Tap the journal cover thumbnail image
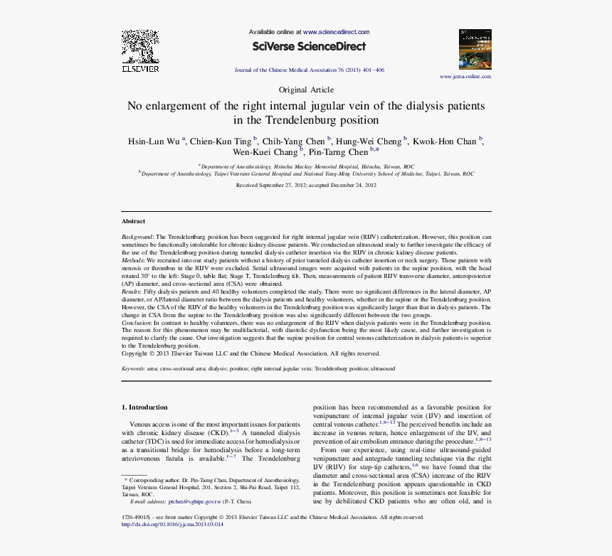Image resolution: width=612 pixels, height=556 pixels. pos(475,49)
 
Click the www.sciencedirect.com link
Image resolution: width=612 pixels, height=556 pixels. pos(336,32)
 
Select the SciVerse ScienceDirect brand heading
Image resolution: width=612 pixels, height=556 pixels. pos(309,47)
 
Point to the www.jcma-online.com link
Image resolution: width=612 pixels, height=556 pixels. pos(465,76)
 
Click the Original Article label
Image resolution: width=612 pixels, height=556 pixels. pos(306,90)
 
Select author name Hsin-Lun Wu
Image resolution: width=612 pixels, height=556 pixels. pos(154,141)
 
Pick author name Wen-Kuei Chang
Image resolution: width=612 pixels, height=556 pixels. pos(265,152)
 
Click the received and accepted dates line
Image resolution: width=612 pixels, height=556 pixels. pos(306,185)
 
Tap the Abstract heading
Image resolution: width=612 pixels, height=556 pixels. pos(133,221)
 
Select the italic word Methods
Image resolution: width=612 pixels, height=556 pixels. pos(132,261)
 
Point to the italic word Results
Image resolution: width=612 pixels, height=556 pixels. pos(131,292)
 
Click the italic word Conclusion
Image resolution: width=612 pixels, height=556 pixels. pos(136,322)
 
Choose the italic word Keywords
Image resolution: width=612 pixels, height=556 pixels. pos(133,369)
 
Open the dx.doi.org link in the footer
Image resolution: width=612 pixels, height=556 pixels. pos(173,525)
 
